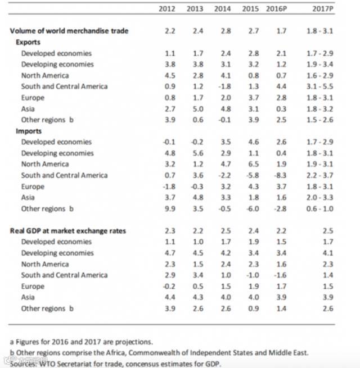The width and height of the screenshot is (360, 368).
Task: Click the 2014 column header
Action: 223,9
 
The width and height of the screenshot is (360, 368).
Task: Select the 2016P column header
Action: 277,9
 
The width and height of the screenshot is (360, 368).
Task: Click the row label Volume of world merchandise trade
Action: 69,31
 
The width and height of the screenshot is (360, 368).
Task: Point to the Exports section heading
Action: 28,42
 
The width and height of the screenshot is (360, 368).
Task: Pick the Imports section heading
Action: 29,131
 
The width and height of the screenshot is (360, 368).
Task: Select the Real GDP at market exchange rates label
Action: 68,231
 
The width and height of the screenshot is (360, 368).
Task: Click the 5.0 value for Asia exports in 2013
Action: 198,108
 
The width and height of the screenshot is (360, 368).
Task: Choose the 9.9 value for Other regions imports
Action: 170,208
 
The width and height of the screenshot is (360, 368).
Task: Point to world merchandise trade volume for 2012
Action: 170,31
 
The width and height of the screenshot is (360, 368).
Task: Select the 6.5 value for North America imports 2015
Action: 254,164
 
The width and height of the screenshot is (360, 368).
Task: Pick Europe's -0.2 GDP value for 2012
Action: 169,287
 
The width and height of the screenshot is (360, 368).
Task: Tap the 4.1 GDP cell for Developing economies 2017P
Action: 328,253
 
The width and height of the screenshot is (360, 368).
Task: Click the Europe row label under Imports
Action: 33,187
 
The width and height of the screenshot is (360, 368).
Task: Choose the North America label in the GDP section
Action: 45,264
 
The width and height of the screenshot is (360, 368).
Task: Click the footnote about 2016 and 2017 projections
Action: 81,342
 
